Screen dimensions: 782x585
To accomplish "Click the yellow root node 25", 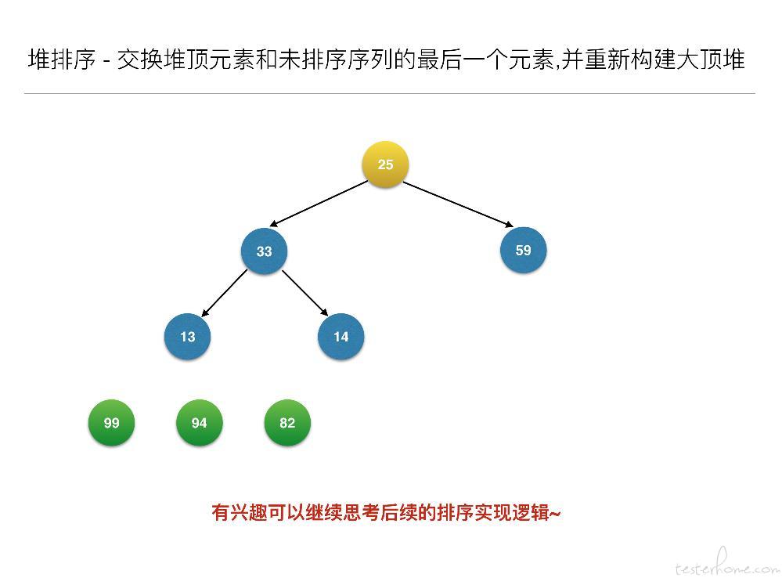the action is coord(385,164).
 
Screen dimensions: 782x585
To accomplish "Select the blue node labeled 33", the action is coord(264,251).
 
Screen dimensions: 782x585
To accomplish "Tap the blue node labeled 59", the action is coord(523,250).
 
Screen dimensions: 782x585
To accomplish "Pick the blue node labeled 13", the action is coord(187,337).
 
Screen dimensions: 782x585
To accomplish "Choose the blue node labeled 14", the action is coord(341,337).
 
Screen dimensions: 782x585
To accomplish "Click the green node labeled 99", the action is coord(111,423).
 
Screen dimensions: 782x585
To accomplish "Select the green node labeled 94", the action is coord(199,423).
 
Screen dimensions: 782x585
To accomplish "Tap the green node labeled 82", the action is coord(287,423).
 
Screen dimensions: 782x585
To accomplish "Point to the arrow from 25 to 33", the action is coord(319,204).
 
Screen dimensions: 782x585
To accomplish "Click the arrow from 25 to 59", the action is coord(458,204).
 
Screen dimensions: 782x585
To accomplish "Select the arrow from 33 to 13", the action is coord(224,293).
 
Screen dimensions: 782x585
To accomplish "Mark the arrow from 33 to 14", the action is coord(305,293).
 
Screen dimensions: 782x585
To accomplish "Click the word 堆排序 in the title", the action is coord(62,60).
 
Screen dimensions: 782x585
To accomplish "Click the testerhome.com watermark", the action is coord(726,563).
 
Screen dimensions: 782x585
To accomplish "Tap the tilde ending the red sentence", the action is coord(555,513).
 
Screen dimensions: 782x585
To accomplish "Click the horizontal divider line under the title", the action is coord(390,93).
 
